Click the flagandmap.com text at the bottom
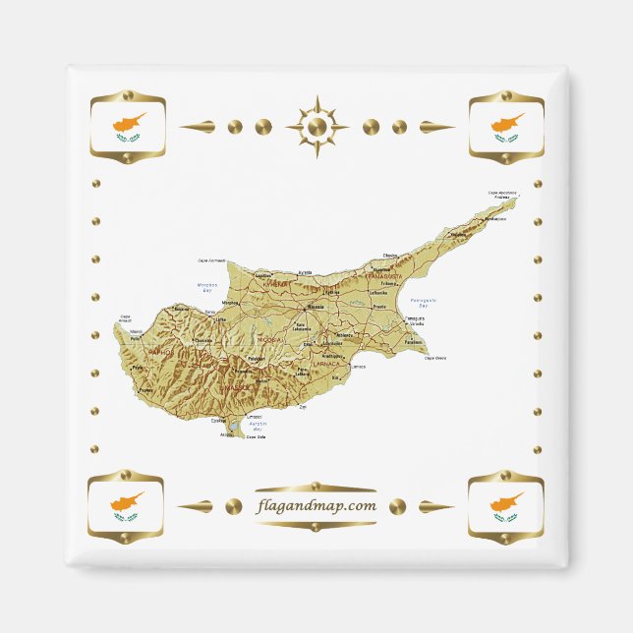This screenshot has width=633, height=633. [x=316, y=506]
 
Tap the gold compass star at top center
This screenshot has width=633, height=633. [x=316, y=127]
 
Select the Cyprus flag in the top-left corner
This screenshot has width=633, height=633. [x=129, y=127]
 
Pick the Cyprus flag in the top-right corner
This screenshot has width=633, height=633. [x=506, y=127]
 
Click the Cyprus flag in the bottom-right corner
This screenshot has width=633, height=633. [x=506, y=507]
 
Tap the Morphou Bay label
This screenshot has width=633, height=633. [x=207, y=288]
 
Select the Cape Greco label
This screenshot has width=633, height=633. [x=434, y=359]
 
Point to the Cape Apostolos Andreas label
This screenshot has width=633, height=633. [x=502, y=195]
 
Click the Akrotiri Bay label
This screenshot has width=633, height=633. [x=258, y=426]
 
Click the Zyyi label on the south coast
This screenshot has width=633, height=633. [x=303, y=405]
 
